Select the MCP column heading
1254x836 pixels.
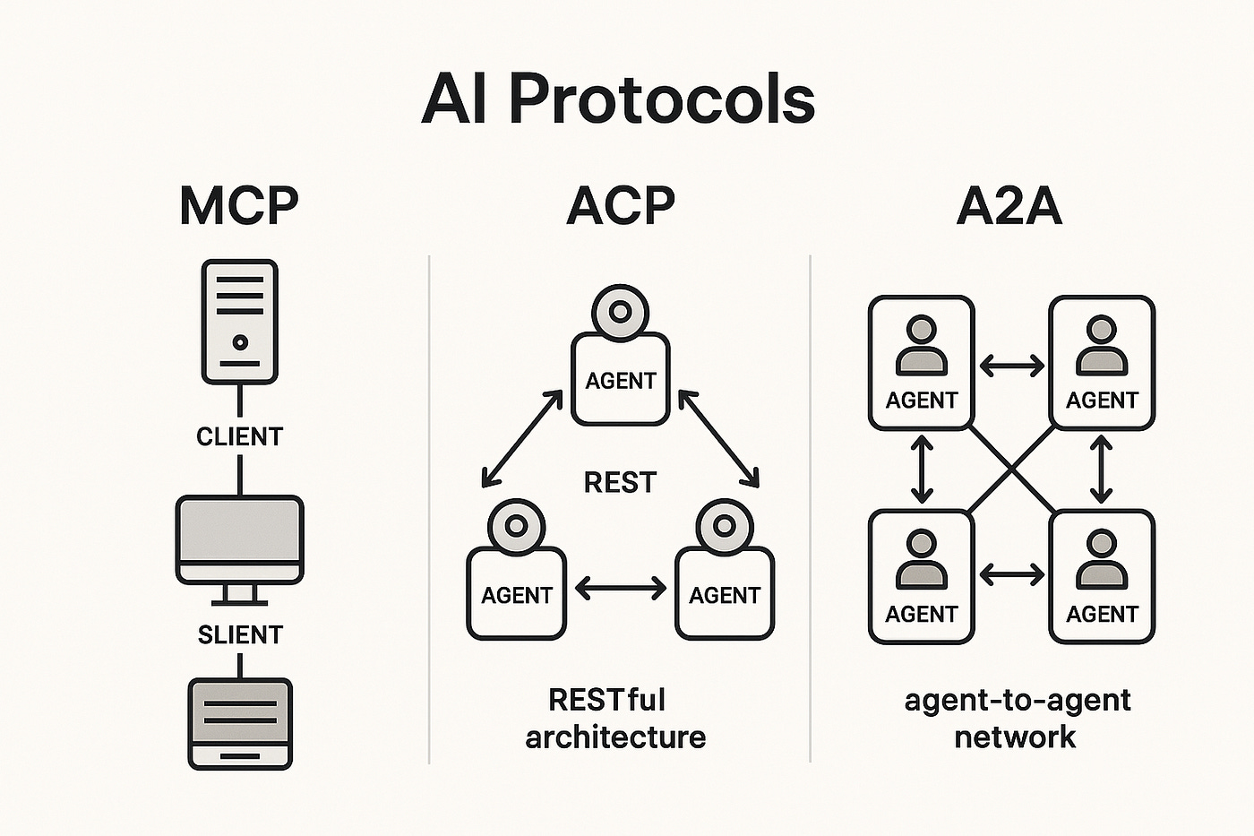click(x=238, y=206)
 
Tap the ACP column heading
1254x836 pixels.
click(x=620, y=206)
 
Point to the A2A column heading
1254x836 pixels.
click(x=1009, y=206)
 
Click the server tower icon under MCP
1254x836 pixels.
click(x=239, y=321)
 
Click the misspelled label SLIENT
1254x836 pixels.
click(x=240, y=634)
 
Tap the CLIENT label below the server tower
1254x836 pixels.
click(x=239, y=436)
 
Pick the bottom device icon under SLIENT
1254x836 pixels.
click(x=240, y=723)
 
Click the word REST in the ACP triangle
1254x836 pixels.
click(x=620, y=483)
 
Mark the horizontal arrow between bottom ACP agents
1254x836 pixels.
click(x=620, y=589)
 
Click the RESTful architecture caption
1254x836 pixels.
click(x=615, y=718)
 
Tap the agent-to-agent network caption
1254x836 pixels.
click(x=1017, y=718)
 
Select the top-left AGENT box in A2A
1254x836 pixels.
click(x=921, y=363)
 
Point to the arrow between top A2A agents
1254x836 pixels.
click(x=1012, y=366)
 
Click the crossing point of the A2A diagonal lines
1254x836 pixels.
click(x=1012, y=469)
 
